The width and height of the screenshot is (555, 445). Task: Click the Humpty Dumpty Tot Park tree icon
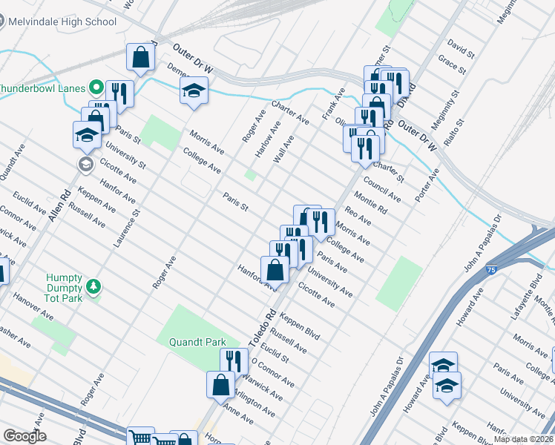pyautogui.click(x=93, y=286)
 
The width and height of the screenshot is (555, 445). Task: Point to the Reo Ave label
pyautogui.click(x=358, y=216)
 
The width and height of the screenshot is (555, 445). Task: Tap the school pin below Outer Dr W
pyautogui.click(x=194, y=91)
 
